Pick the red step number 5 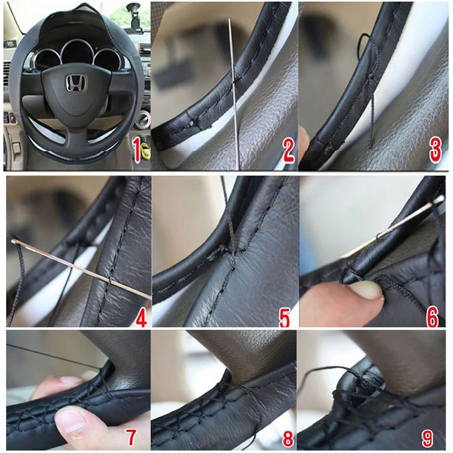coord(285,317)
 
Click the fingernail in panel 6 coord(366,290)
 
